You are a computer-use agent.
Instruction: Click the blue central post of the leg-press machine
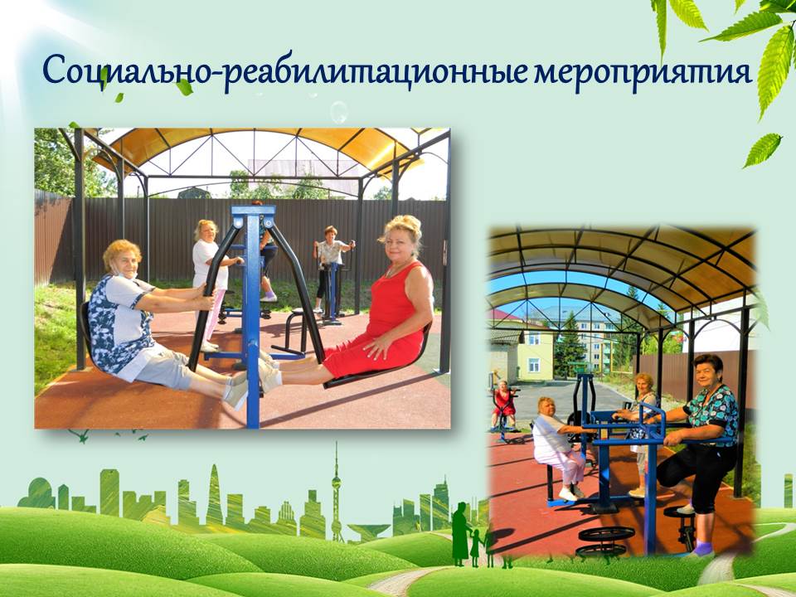coord(252,315)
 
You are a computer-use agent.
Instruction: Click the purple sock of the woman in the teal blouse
coord(702,549)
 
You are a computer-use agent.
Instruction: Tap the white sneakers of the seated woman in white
coord(571,493)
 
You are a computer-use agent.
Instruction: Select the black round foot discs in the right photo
coord(604,541)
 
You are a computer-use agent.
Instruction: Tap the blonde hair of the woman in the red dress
coord(402,229)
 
